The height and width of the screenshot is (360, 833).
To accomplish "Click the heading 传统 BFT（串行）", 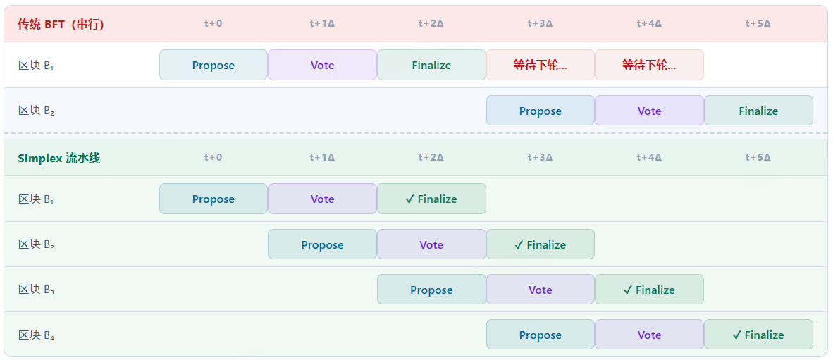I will coord(61,24).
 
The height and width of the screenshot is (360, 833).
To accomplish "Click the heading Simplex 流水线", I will coord(58,158).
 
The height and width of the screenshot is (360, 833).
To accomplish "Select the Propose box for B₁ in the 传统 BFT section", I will coord(213,65).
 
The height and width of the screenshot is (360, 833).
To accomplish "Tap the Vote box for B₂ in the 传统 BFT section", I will coord(649,111).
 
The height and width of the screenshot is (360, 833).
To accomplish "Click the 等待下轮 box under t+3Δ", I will coord(540,65).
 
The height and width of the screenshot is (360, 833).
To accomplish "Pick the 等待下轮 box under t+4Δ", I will coord(649,65).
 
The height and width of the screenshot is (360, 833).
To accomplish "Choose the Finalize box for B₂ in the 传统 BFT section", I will coord(758,111).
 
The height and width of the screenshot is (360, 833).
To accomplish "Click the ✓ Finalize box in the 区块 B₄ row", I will coord(758,335).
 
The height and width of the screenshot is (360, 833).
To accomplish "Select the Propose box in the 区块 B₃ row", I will coord(431,290).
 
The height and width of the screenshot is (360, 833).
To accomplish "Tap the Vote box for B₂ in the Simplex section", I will coord(431,244).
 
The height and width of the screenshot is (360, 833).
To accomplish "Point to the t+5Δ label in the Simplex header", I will coord(758,157).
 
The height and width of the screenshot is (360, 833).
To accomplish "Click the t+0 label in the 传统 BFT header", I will coord(213,23).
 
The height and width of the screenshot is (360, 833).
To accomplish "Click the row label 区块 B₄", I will coord(36,335).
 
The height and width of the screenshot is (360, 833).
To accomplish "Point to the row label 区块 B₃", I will coord(36,290).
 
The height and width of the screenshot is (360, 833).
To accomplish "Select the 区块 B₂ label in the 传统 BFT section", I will coord(36,111).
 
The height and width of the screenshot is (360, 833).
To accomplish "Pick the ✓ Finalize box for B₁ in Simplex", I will coord(431,199).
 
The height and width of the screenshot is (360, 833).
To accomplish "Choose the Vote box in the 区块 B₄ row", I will coord(649,335).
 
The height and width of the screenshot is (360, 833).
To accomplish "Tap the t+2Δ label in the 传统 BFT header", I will coord(431,23).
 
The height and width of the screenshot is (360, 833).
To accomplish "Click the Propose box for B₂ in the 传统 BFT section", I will coord(540,111).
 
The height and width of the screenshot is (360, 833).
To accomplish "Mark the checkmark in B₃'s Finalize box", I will coord(627,290).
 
